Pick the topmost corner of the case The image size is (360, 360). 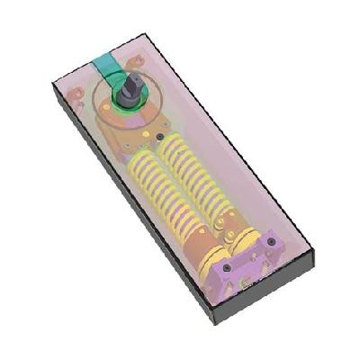(144, 35)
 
